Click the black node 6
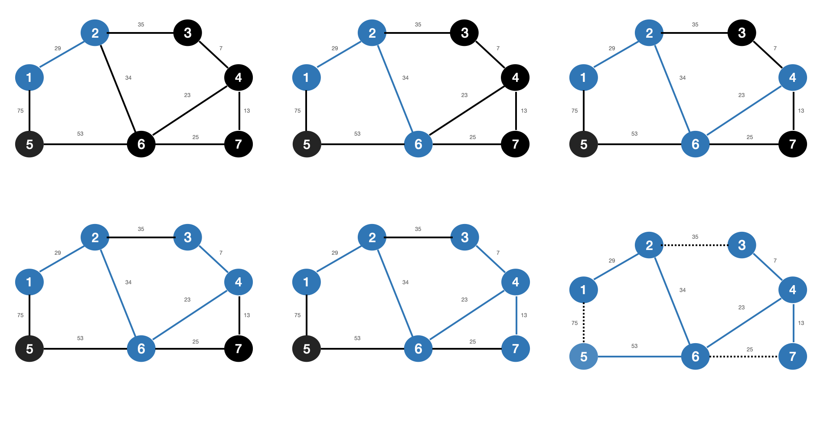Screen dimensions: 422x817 (141, 144)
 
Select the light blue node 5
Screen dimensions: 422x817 (583, 357)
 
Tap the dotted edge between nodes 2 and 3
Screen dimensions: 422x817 (696, 245)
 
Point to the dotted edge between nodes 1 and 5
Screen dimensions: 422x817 (584, 323)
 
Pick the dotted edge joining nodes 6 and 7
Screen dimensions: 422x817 (744, 357)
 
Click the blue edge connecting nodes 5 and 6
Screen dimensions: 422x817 (639, 357)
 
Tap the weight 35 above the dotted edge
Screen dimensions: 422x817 (695, 237)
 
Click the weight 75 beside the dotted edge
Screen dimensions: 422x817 (575, 323)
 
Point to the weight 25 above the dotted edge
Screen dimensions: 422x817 (750, 349)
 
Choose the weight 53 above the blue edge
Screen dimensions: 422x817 (634, 346)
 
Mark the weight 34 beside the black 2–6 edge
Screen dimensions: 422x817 (128, 78)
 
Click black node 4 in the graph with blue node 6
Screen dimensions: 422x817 (515, 78)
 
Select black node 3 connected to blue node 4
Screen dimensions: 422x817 (742, 32)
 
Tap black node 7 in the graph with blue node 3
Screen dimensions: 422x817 (239, 349)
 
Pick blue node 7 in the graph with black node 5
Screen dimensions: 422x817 (515, 349)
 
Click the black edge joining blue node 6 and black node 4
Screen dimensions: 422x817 (467, 111)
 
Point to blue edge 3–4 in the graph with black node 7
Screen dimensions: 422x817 (213, 260)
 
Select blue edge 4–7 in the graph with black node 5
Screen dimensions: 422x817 (516, 315)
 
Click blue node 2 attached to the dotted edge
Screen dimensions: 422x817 (649, 245)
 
